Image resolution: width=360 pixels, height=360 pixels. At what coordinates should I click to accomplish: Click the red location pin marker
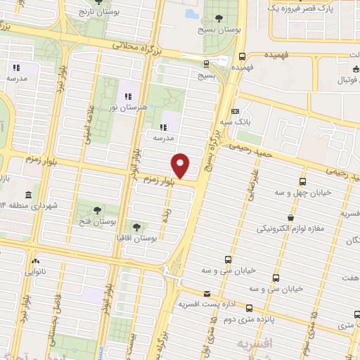[181, 165]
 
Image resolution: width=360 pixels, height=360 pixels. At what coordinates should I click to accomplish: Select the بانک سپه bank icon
[235, 111]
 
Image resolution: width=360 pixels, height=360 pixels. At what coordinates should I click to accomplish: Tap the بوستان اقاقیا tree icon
[136, 227]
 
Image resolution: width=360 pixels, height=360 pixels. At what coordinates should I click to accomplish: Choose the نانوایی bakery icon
[35, 260]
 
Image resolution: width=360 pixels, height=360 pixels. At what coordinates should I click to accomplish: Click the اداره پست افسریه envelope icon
[206, 294]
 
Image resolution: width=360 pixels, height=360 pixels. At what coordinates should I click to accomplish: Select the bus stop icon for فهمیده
[243, 56]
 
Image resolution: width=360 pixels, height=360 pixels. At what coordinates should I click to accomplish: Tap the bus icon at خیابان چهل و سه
[302, 181]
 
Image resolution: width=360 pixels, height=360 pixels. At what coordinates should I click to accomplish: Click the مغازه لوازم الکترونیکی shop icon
[290, 217]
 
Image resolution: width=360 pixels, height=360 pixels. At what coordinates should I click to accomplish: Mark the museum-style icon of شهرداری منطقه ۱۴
[27, 194]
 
